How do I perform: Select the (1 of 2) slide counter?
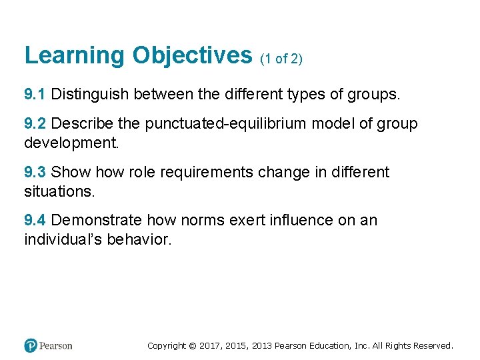point(281,59)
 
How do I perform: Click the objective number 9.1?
point(35,95)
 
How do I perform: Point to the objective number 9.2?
point(35,124)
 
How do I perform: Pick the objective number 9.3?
point(35,172)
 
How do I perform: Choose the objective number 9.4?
point(35,220)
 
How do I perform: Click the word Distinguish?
point(90,95)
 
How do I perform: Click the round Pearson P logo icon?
point(31,345)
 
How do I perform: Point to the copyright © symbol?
point(193,346)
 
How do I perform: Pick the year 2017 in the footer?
point(209,346)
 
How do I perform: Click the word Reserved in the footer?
point(433,346)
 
